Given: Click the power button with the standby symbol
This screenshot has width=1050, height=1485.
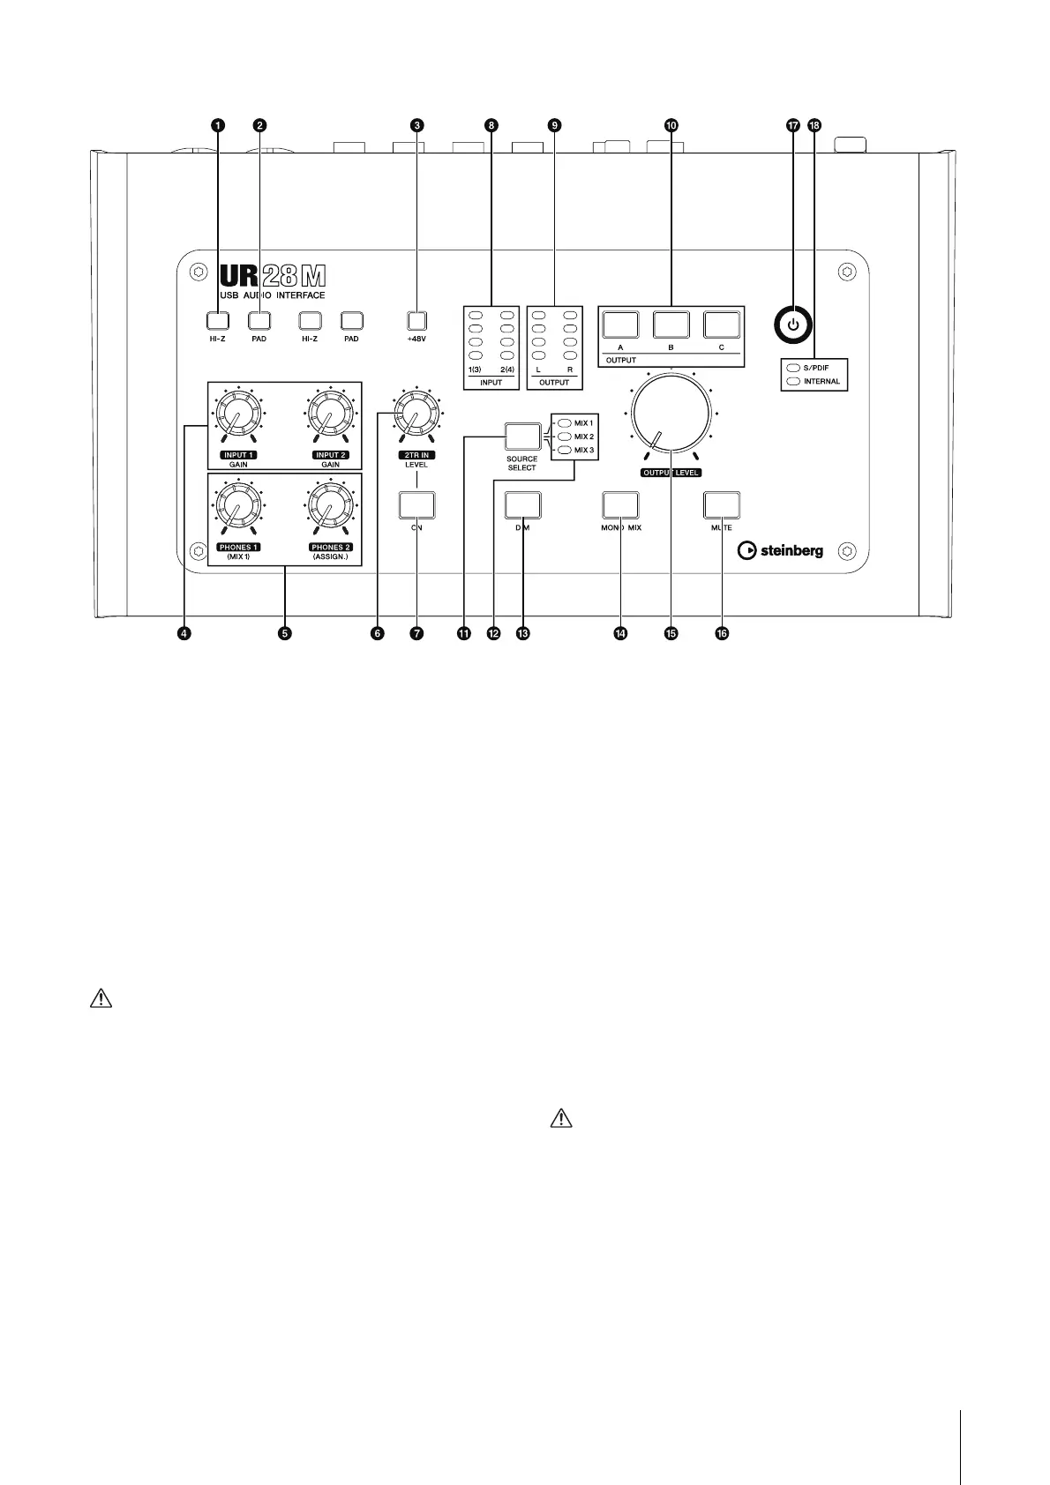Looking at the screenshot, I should pyautogui.click(x=793, y=325).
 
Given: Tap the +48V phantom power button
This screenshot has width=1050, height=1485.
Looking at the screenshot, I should pyautogui.click(x=416, y=320).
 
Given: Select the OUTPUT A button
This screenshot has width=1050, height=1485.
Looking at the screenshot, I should pyautogui.click(x=620, y=325).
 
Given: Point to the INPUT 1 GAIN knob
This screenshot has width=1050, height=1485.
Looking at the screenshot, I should pyautogui.click(x=236, y=414).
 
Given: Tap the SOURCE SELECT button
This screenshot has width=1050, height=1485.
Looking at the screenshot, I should pyautogui.click(x=521, y=437).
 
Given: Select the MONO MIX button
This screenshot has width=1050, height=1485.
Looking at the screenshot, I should pyautogui.click(x=620, y=505).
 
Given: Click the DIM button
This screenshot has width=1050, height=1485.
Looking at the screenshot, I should pyautogui.click(x=522, y=505).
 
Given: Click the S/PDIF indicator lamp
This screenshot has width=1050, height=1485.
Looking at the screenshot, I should pyautogui.click(x=793, y=368).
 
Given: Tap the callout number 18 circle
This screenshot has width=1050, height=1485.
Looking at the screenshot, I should pyautogui.click(x=814, y=126).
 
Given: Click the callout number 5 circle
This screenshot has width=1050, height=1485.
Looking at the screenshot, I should pyautogui.click(x=284, y=633).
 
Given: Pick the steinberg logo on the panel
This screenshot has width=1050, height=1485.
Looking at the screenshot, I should pyautogui.click(x=781, y=550).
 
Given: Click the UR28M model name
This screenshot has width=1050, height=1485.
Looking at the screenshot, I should pyautogui.click(x=271, y=275).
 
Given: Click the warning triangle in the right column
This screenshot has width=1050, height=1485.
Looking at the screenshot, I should pyautogui.click(x=561, y=1119).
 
